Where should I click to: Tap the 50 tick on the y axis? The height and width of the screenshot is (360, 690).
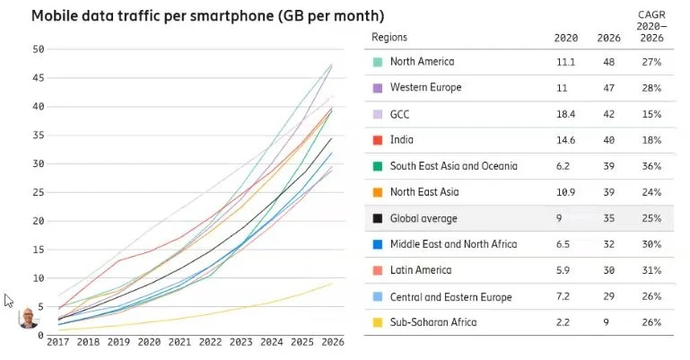(38, 49)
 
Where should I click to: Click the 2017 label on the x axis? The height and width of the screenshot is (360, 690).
(58, 342)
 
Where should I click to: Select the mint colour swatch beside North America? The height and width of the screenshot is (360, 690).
(378, 62)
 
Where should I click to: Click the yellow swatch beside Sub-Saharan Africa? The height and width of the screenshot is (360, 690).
(378, 322)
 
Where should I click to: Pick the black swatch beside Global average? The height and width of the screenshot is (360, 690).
(378, 218)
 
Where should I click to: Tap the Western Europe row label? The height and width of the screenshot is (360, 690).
(425, 88)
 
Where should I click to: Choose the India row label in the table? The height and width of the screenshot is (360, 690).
(402, 140)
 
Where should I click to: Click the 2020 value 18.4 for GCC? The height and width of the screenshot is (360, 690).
(564, 114)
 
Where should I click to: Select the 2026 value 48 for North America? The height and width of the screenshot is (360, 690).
(604, 62)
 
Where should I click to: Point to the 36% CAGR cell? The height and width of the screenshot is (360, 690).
(651, 166)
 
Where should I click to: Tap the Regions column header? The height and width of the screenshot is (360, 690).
(389, 38)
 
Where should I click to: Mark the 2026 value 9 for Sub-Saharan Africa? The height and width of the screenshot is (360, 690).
(604, 322)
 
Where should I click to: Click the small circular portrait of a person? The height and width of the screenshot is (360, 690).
(30, 318)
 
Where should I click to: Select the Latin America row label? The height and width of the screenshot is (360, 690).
(420, 270)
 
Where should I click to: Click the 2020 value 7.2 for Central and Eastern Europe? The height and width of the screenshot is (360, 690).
(564, 296)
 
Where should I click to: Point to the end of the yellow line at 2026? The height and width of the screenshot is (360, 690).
(331, 284)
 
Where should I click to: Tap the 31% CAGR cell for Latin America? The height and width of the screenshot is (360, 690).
(651, 270)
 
